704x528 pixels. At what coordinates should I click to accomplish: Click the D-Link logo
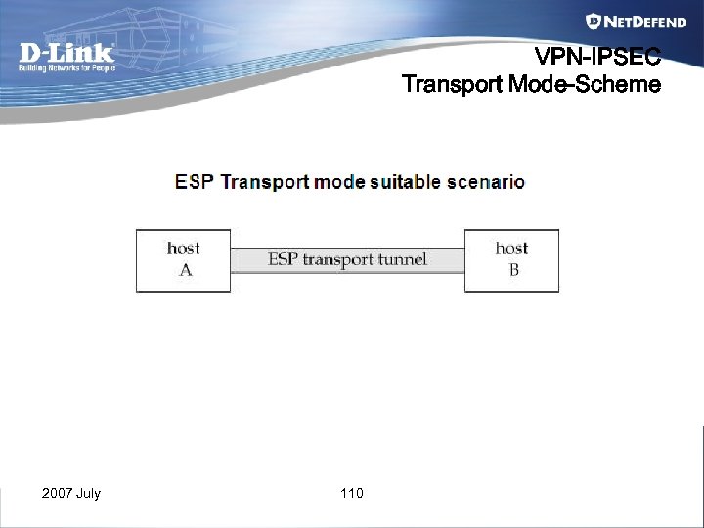coord(66,53)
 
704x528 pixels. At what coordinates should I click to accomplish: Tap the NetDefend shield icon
coord(593,22)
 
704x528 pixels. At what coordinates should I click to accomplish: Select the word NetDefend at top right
coord(645,22)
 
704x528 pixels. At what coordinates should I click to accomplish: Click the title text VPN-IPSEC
coord(597,57)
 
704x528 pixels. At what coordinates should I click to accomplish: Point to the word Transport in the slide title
coord(452,84)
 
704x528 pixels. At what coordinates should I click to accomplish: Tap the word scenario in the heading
coord(486,182)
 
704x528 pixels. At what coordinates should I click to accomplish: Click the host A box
coord(184,261)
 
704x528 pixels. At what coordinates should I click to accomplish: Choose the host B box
coord(511,261)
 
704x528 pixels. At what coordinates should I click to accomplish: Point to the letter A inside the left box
coord(185,271)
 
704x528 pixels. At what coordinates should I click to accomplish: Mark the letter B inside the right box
coord(513,271)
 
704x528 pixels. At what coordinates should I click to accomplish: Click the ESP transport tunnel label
coord(347,260)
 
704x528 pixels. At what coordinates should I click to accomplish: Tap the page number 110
coord(352,493)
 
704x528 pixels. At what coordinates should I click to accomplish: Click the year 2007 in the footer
coord(56,493)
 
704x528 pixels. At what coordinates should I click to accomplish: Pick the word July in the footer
coord(88,493)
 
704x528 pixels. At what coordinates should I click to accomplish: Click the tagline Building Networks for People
coord(66,67)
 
